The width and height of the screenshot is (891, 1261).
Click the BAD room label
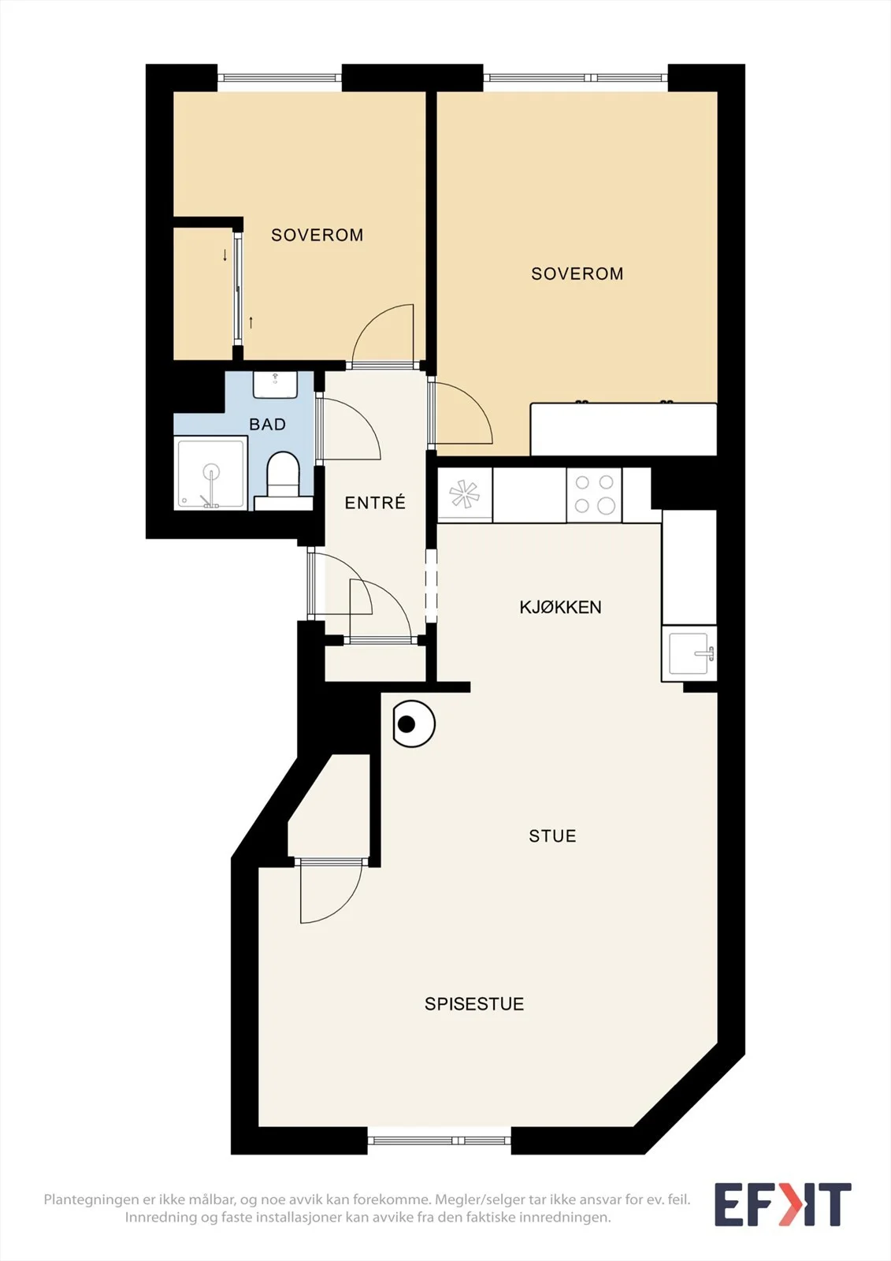pos(267,425)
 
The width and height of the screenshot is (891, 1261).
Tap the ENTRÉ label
pos(375,503)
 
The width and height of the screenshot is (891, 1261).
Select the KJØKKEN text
pos(560,608)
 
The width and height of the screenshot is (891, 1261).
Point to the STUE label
pos(552,836)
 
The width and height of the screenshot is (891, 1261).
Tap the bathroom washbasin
pos(275,385)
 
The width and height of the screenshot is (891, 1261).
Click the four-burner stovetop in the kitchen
pos(594,495)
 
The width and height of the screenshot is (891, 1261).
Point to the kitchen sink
pos(689,653)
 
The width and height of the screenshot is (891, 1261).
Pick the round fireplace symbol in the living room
pos(414,724)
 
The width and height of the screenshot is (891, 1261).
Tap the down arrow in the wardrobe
pos(225,255)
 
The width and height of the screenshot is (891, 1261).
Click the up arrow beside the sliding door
pos(251,322)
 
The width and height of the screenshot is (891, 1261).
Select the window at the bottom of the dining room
pos(440,1140)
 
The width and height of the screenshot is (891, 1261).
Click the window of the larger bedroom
pos(575,78)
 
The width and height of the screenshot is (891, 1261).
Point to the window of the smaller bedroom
pos(279,78)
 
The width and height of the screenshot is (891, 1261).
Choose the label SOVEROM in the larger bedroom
pos(577,273)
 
